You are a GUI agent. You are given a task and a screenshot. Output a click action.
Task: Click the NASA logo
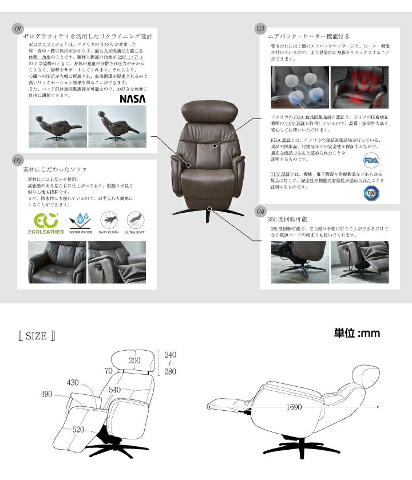tap(132, 98)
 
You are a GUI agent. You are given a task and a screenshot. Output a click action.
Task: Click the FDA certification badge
tap(371, 158)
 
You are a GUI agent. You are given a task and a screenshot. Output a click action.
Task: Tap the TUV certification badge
tap(371, 193)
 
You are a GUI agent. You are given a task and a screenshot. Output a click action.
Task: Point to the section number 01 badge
tap(17, 27)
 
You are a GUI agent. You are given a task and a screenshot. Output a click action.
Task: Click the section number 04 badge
tap(260, 212)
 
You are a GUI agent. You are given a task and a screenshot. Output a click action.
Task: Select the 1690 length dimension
tap(295, 408)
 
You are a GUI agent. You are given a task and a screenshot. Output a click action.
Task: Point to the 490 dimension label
tap(47, 394)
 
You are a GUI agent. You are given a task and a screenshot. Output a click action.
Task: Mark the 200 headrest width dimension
tap(134, 360)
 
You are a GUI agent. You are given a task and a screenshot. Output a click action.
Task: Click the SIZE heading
tap(36, 336)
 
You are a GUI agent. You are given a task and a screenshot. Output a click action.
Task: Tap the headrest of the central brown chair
tap(208, 111)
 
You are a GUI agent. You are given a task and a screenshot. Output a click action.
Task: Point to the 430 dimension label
tap(73, 382)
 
